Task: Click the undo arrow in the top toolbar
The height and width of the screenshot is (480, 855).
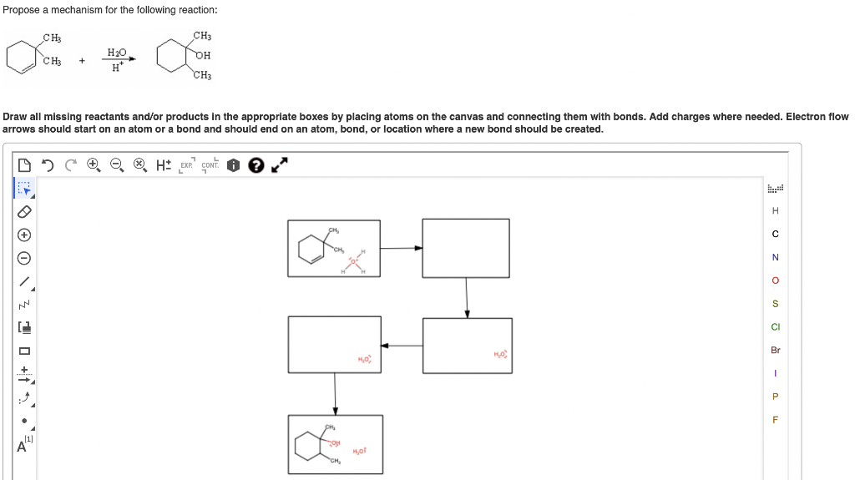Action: (48, 165)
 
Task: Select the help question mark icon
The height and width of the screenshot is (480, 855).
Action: (255, 165)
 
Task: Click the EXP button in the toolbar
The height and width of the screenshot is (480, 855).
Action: (186, 165)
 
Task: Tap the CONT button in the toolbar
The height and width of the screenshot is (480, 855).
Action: (210, 165)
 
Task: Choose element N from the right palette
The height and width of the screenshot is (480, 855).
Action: (775, 257)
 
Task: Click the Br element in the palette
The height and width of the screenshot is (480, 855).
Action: (775, 350)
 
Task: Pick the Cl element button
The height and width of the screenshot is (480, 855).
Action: (775, 327)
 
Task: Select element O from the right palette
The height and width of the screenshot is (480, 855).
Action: (775, 280)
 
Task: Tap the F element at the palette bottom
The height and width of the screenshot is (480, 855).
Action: (775, 420)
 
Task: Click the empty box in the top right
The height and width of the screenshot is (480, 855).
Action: (465, 247)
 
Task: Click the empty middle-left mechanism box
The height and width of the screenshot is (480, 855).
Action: (334, 344)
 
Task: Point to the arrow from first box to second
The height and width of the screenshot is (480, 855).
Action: (401, 248)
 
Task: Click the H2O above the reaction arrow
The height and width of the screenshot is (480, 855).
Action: (117, 53)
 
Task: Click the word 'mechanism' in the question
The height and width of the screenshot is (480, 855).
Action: (89, 10)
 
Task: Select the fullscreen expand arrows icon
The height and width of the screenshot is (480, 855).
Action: (281, 165)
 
